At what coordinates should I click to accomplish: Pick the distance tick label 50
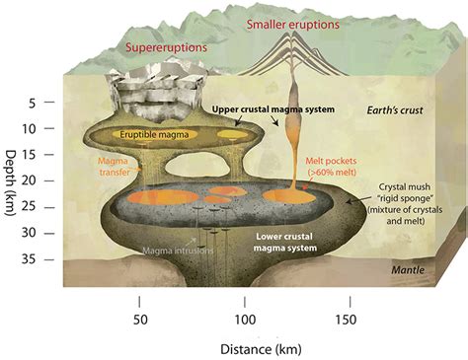pos(139,320)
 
